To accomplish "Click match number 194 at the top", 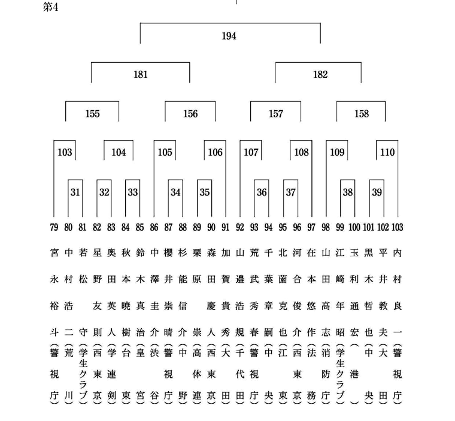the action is click(x=229, y=36).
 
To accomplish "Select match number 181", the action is click(x=141, y=75).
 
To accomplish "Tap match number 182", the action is click(x=320, y=75).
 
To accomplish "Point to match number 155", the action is click(x=93, y=114).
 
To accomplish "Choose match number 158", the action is click(x=362, y=114).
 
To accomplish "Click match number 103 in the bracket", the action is click(x=65, y=153).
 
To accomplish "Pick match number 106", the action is click(x=215, y=153).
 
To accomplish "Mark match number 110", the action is click(x=387, y=153).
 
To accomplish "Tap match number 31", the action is click(x=75, y=192).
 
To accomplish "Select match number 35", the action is click(x=205, y=192).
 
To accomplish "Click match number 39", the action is click(x=377, y=192).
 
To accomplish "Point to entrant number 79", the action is click(x=54, y=228).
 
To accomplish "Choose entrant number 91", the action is click(x=226, y=228).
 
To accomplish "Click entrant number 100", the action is click(x=354, y=228).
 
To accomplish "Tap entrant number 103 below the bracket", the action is click(x=398, y=228).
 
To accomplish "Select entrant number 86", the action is click(x=154, y=228).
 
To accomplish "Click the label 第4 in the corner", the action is click(x=50, y=7).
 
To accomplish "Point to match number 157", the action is click(x=275, y=114).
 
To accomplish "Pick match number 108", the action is click(x=302, y=153).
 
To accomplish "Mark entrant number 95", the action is click(x=283, y=228).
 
